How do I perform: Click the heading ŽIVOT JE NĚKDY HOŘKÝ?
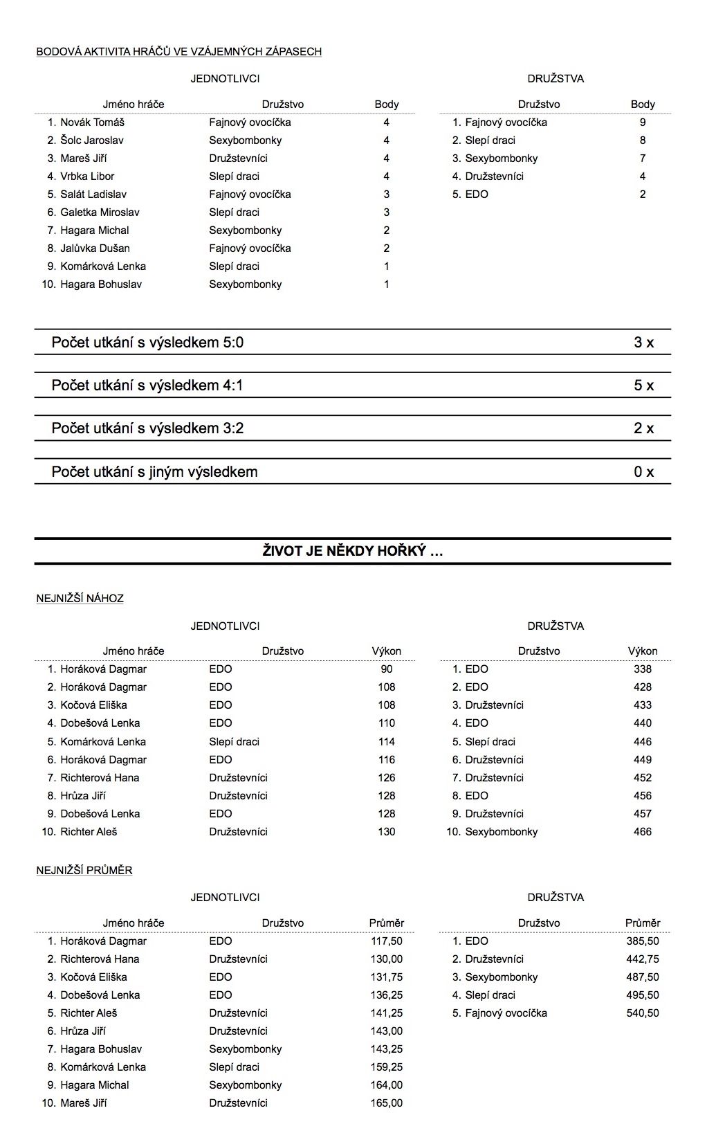point(353,552)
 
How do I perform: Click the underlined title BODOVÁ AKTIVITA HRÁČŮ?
point(178,51)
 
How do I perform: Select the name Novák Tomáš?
point(92,123)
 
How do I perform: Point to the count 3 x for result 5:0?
point(643,342)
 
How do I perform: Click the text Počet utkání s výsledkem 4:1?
point(147,386)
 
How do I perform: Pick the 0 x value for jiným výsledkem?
point(643,472)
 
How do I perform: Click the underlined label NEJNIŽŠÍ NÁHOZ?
point(80,599)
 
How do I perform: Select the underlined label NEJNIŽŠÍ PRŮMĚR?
point(84,871)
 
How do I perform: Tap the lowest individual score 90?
point(387,669)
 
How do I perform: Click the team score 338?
point(643,669)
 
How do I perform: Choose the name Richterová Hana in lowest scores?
point(100,778)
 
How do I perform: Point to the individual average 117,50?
point(387,941)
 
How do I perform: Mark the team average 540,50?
point(643,1013)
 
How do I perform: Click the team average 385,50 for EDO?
point(643,941)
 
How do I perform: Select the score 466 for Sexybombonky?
point(643,832)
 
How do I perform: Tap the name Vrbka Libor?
point(87,176)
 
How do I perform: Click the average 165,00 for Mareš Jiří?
point(387,1103)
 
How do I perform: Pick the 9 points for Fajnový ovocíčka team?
point(643,123)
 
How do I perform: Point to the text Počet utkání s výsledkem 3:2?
point(147,428)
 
